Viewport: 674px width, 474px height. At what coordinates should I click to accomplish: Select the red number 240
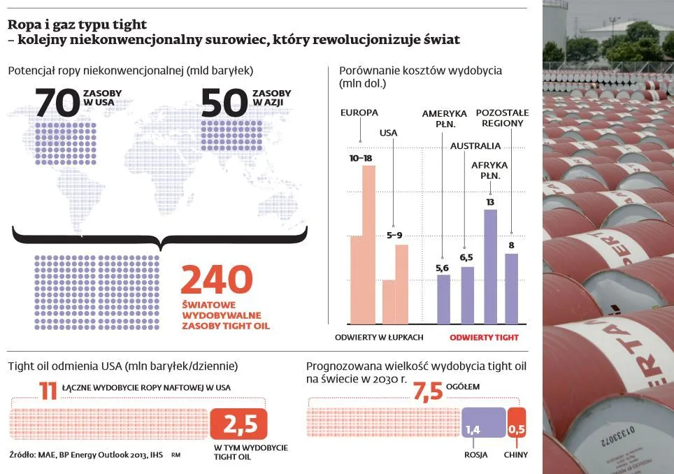click(x=216, y=280)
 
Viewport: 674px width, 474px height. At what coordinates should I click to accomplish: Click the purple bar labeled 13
click(x=490, y=266)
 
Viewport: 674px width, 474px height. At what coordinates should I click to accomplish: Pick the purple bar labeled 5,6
click(x=443, y=299)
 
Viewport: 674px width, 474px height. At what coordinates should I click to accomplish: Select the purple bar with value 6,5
click(x=467, y=295)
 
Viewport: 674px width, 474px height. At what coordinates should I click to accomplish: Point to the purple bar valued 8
click(x=512, y=288)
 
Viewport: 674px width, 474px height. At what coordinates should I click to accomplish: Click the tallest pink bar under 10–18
click(x=368, y=245)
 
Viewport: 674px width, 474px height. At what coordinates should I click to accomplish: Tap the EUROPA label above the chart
click(x=359, y=113)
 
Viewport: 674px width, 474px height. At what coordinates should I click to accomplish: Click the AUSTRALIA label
click(x=475, y=146)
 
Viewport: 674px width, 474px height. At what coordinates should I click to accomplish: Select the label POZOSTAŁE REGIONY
click(x=502, y=117)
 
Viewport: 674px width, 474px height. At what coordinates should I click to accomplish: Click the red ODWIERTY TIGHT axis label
click(x=484, y=337)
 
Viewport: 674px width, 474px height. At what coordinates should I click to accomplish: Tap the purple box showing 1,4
click(x=482, y=423)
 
